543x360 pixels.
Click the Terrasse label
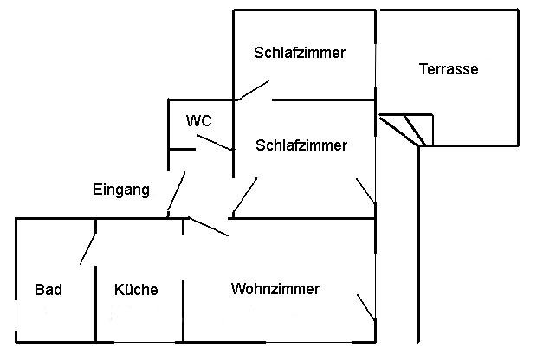(x=449, y=69)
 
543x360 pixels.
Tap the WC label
(x=199, y=121)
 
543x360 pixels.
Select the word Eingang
(x=121, y=190)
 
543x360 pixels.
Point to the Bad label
(x=48, y=290)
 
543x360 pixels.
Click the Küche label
(x=136, y=289)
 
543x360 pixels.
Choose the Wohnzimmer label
(x=275, y=289)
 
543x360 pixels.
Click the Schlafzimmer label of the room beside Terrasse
(x=300, y=53)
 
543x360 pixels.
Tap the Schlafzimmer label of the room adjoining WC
(x=301, y=145)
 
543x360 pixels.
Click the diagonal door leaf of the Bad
(x=88, y=249)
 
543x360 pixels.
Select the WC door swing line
(x=215, y=142)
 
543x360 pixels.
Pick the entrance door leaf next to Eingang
(x=177, y=191)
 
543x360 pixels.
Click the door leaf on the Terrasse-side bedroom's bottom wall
(x=254, y=90)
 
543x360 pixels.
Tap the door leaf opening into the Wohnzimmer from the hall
(x=209, y=227)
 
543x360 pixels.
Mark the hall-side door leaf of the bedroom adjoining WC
(x=245, y=195)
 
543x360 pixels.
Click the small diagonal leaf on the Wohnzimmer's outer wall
(x=365, y=307)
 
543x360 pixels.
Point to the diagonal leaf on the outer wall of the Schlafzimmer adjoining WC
(x=365, y=190)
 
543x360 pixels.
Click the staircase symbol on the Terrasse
(x=406, y=130)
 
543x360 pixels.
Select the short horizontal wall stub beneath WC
(x=182, y=149)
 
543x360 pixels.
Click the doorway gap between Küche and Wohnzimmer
(x=184, y=258)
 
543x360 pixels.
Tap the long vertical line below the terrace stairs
(x=418, y=244)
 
